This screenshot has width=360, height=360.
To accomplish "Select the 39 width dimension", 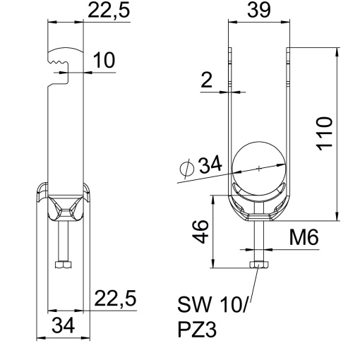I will coord(258,12).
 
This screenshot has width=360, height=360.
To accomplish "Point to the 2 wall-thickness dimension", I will coord(207,80).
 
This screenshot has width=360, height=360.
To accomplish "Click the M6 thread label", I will coord(303,238).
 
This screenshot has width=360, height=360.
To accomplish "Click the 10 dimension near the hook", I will coord(104,61).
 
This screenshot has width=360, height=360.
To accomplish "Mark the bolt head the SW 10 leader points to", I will coord(260,265).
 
